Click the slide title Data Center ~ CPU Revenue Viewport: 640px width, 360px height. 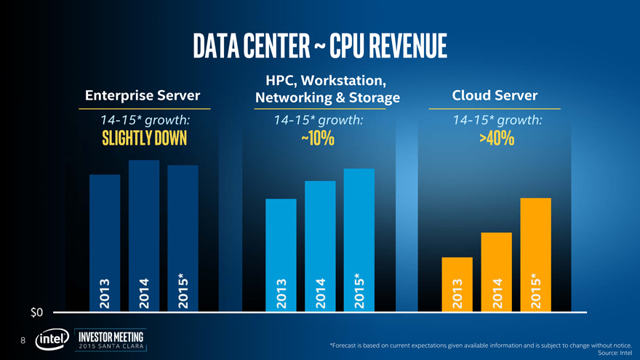click(x=320, y=47)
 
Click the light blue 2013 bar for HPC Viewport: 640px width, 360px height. click(x=281, y=255)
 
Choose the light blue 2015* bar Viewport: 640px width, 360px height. click(x=359, y=239)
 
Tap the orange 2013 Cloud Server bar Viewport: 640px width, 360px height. click(x=457, y=284)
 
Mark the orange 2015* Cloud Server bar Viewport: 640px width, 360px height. click(x=535, y=254)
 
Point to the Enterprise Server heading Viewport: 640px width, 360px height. click(x=143, y=96)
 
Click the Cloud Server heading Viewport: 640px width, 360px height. click(x=495, y=96)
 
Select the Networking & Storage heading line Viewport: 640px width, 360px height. click(x=327, y=97)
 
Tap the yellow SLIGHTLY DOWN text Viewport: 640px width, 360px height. click(x=143, y=138)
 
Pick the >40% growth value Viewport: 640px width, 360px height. click(x=497, y=138)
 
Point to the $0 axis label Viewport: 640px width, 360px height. click(x=37, y=313)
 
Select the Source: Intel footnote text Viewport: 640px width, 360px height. click(x=614, y=353)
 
